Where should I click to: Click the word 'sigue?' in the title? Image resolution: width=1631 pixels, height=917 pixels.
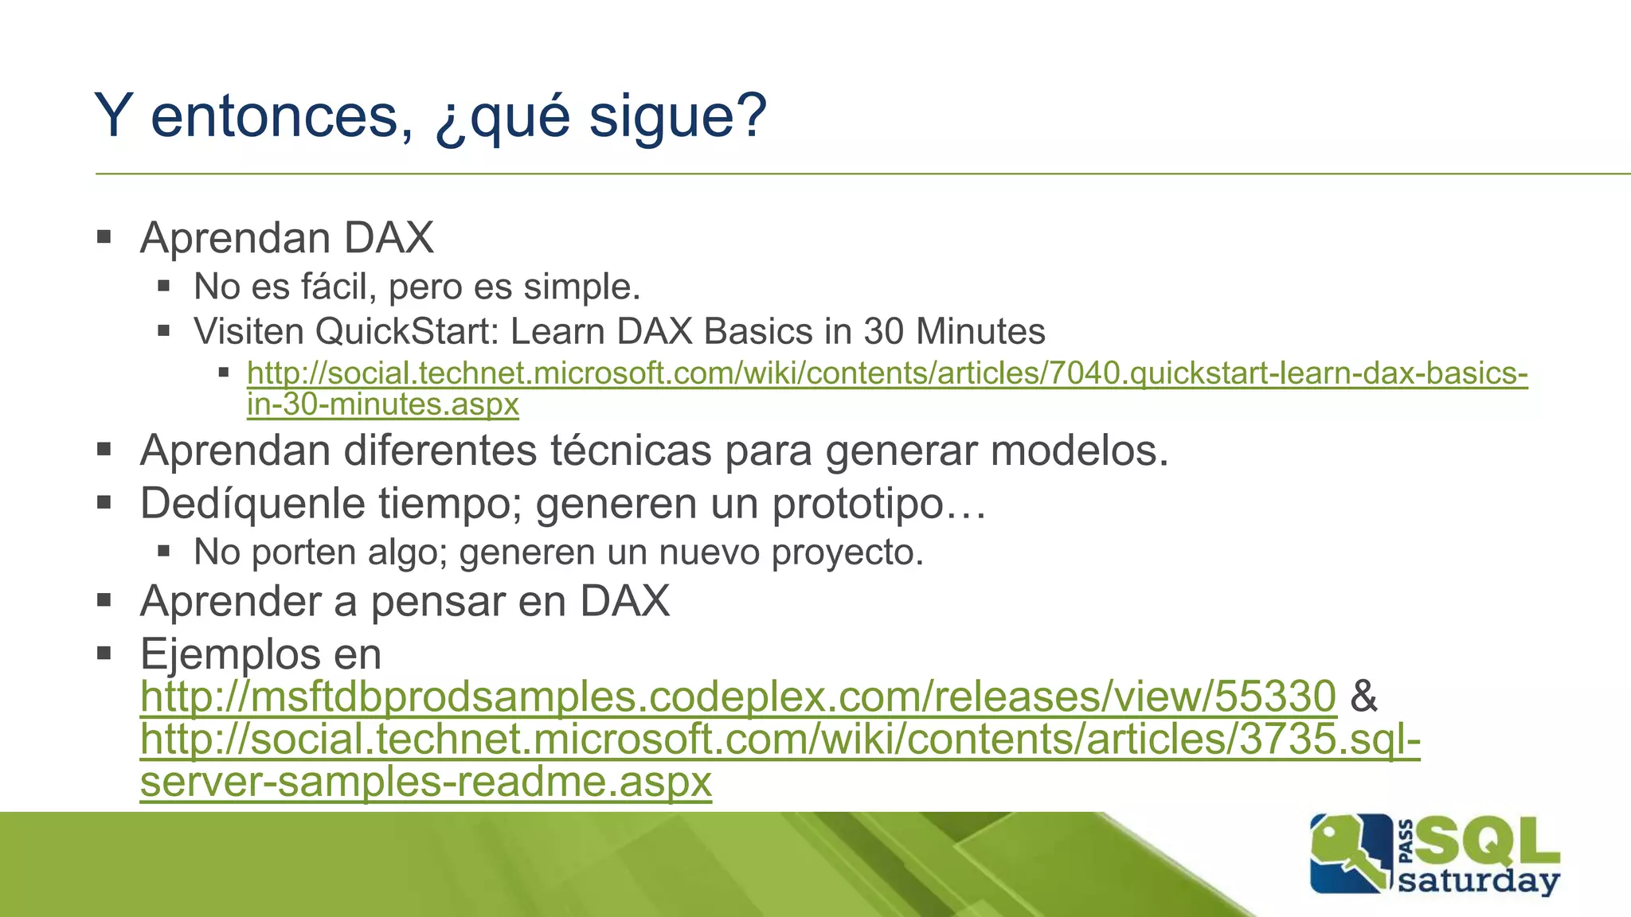tap(677, 116)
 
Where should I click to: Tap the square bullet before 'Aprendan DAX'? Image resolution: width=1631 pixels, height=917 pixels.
tap(104, 236)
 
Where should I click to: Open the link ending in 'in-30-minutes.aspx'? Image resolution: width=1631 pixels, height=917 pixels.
tap(383, 404)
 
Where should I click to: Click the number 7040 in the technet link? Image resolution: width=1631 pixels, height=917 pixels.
tap(1085, 373)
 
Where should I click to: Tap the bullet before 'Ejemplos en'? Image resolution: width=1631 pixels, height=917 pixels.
tap(104, 653)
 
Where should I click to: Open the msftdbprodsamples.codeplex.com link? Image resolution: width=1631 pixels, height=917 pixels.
tap(737, 697)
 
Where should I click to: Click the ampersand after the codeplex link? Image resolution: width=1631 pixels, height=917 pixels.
tap(1363, 697)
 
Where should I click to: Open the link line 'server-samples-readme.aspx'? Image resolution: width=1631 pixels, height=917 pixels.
tap(425, 782)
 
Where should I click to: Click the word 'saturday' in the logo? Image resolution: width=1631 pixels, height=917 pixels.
tap(1478, 881)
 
